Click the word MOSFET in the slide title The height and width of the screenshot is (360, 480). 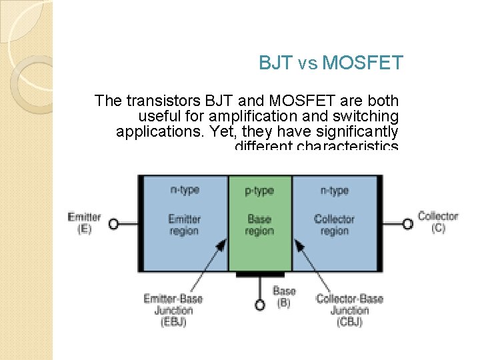[363, 63]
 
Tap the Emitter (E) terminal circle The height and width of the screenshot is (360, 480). [114, 224]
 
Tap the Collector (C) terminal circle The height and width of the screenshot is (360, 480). [407, 224]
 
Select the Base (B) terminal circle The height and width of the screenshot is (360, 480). [261, 305]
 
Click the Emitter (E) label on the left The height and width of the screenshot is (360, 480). [84, 223]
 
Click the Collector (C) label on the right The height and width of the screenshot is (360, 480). [438, 221]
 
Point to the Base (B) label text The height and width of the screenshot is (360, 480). [284, 297]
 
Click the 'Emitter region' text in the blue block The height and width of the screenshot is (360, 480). [184, 225]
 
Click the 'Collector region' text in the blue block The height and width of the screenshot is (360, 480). [334, 225]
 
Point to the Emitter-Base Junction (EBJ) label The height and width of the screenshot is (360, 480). [173, 310]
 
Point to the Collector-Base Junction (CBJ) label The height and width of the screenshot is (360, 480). [349, 310]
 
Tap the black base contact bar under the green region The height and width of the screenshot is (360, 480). [260, 274]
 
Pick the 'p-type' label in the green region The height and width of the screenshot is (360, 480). [259, 191]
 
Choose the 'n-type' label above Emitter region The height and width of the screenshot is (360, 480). [185, 190]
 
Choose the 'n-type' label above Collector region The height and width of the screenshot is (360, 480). [334, 191]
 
